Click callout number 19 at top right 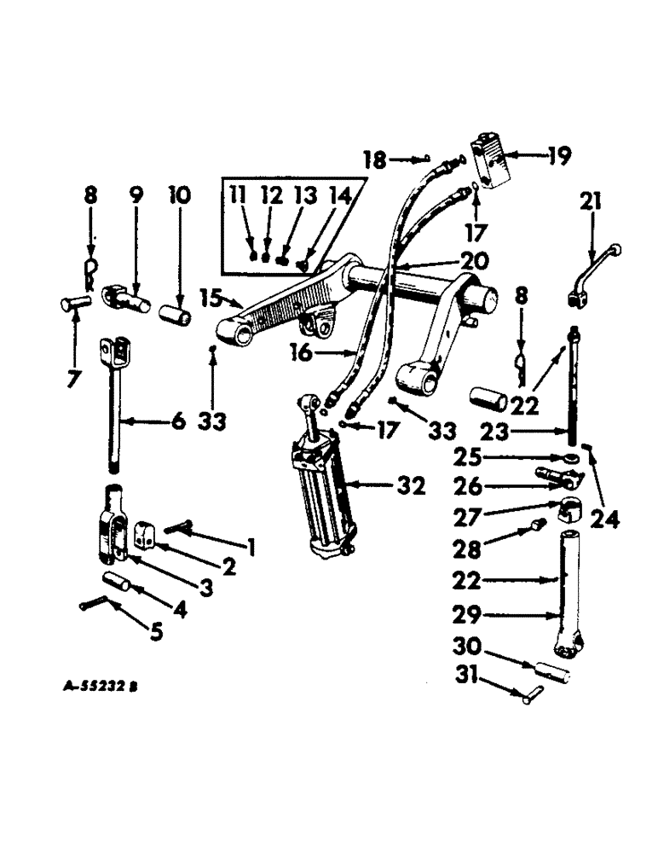[560, 156]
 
